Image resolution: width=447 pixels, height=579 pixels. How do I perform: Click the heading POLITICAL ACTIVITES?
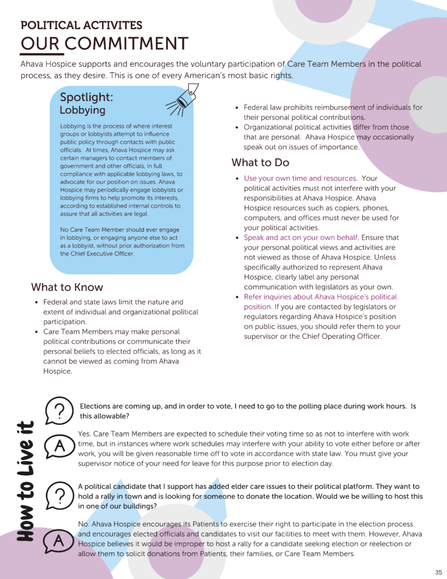[81, 25]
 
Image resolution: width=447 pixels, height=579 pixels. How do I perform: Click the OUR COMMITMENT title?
[105, 44]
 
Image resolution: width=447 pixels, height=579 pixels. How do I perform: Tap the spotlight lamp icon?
[182, 100]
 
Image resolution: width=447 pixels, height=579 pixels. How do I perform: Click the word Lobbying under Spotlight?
[83, 110]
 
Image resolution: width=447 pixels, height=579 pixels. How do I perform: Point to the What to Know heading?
[67, 287]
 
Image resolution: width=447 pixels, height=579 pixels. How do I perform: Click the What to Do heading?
[261, 163]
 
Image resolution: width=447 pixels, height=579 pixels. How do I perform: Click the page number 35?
[439, 572]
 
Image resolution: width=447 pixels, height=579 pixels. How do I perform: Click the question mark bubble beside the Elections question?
[59, 409]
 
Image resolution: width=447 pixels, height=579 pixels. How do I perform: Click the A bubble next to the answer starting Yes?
[59, 447]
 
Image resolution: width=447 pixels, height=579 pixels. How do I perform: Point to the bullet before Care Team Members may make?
[36, 332]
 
